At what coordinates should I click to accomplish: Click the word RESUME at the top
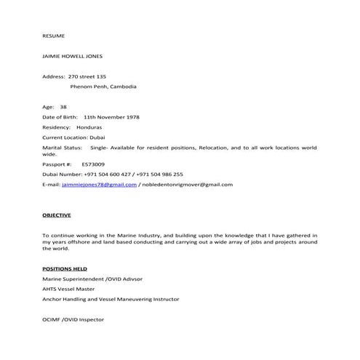point(53,35)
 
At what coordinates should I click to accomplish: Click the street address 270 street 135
point(87,76)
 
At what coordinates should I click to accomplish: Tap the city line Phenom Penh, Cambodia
point(103,86)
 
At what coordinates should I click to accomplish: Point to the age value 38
point(63,106)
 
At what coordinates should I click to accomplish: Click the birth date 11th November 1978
point(111,116)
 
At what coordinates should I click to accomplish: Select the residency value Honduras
point(89,127)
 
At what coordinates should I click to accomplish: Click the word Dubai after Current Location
point(97,137)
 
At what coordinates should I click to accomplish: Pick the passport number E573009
point(92,164)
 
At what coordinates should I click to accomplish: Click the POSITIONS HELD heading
point(65,268)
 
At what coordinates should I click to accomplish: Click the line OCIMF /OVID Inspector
point(73,319)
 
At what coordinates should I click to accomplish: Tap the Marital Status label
point(62,147)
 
